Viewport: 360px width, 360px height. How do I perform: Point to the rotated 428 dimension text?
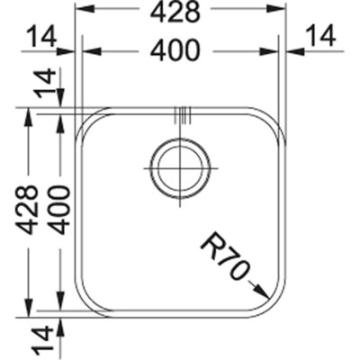[28, 209]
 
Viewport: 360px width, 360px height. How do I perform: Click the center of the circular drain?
[181, 166]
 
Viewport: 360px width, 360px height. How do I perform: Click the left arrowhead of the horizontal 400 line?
[88, 51]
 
